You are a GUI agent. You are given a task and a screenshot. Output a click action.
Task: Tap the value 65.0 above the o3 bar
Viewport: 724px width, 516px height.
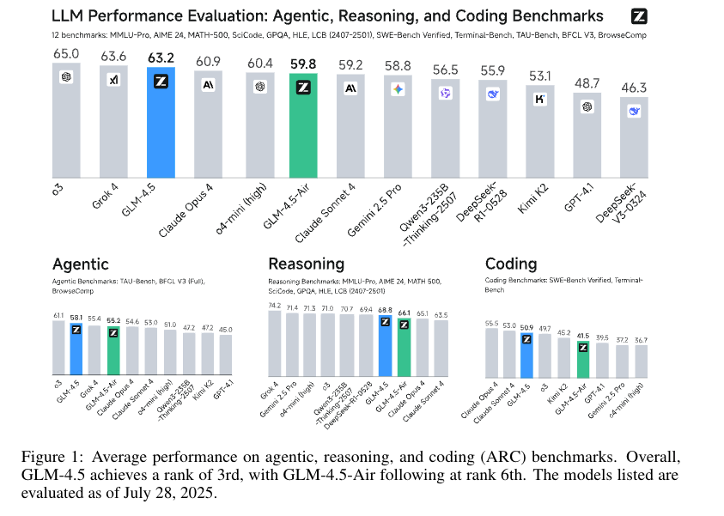(65, 53)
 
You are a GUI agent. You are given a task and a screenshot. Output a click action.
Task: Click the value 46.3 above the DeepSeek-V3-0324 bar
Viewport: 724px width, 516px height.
(634, 88)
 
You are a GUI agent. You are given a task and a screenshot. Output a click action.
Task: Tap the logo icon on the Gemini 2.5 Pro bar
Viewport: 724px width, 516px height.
(398, 89)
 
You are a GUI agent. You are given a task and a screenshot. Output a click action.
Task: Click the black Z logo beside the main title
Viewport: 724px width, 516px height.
(637, 16)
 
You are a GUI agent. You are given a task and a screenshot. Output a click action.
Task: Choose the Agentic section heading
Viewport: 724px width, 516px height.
(81, 264)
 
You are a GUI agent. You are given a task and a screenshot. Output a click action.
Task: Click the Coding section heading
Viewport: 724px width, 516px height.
(511, 264)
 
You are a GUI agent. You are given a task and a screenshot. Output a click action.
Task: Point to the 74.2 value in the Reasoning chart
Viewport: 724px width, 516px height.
(275, 305)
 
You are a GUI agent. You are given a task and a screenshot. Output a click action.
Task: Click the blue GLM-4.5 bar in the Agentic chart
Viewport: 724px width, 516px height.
(76, 352)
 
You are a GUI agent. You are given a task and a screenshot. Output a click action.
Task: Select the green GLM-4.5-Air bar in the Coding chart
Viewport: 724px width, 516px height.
(583, 359)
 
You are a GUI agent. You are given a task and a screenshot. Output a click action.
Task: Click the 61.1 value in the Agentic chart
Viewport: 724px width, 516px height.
(58, 315)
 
